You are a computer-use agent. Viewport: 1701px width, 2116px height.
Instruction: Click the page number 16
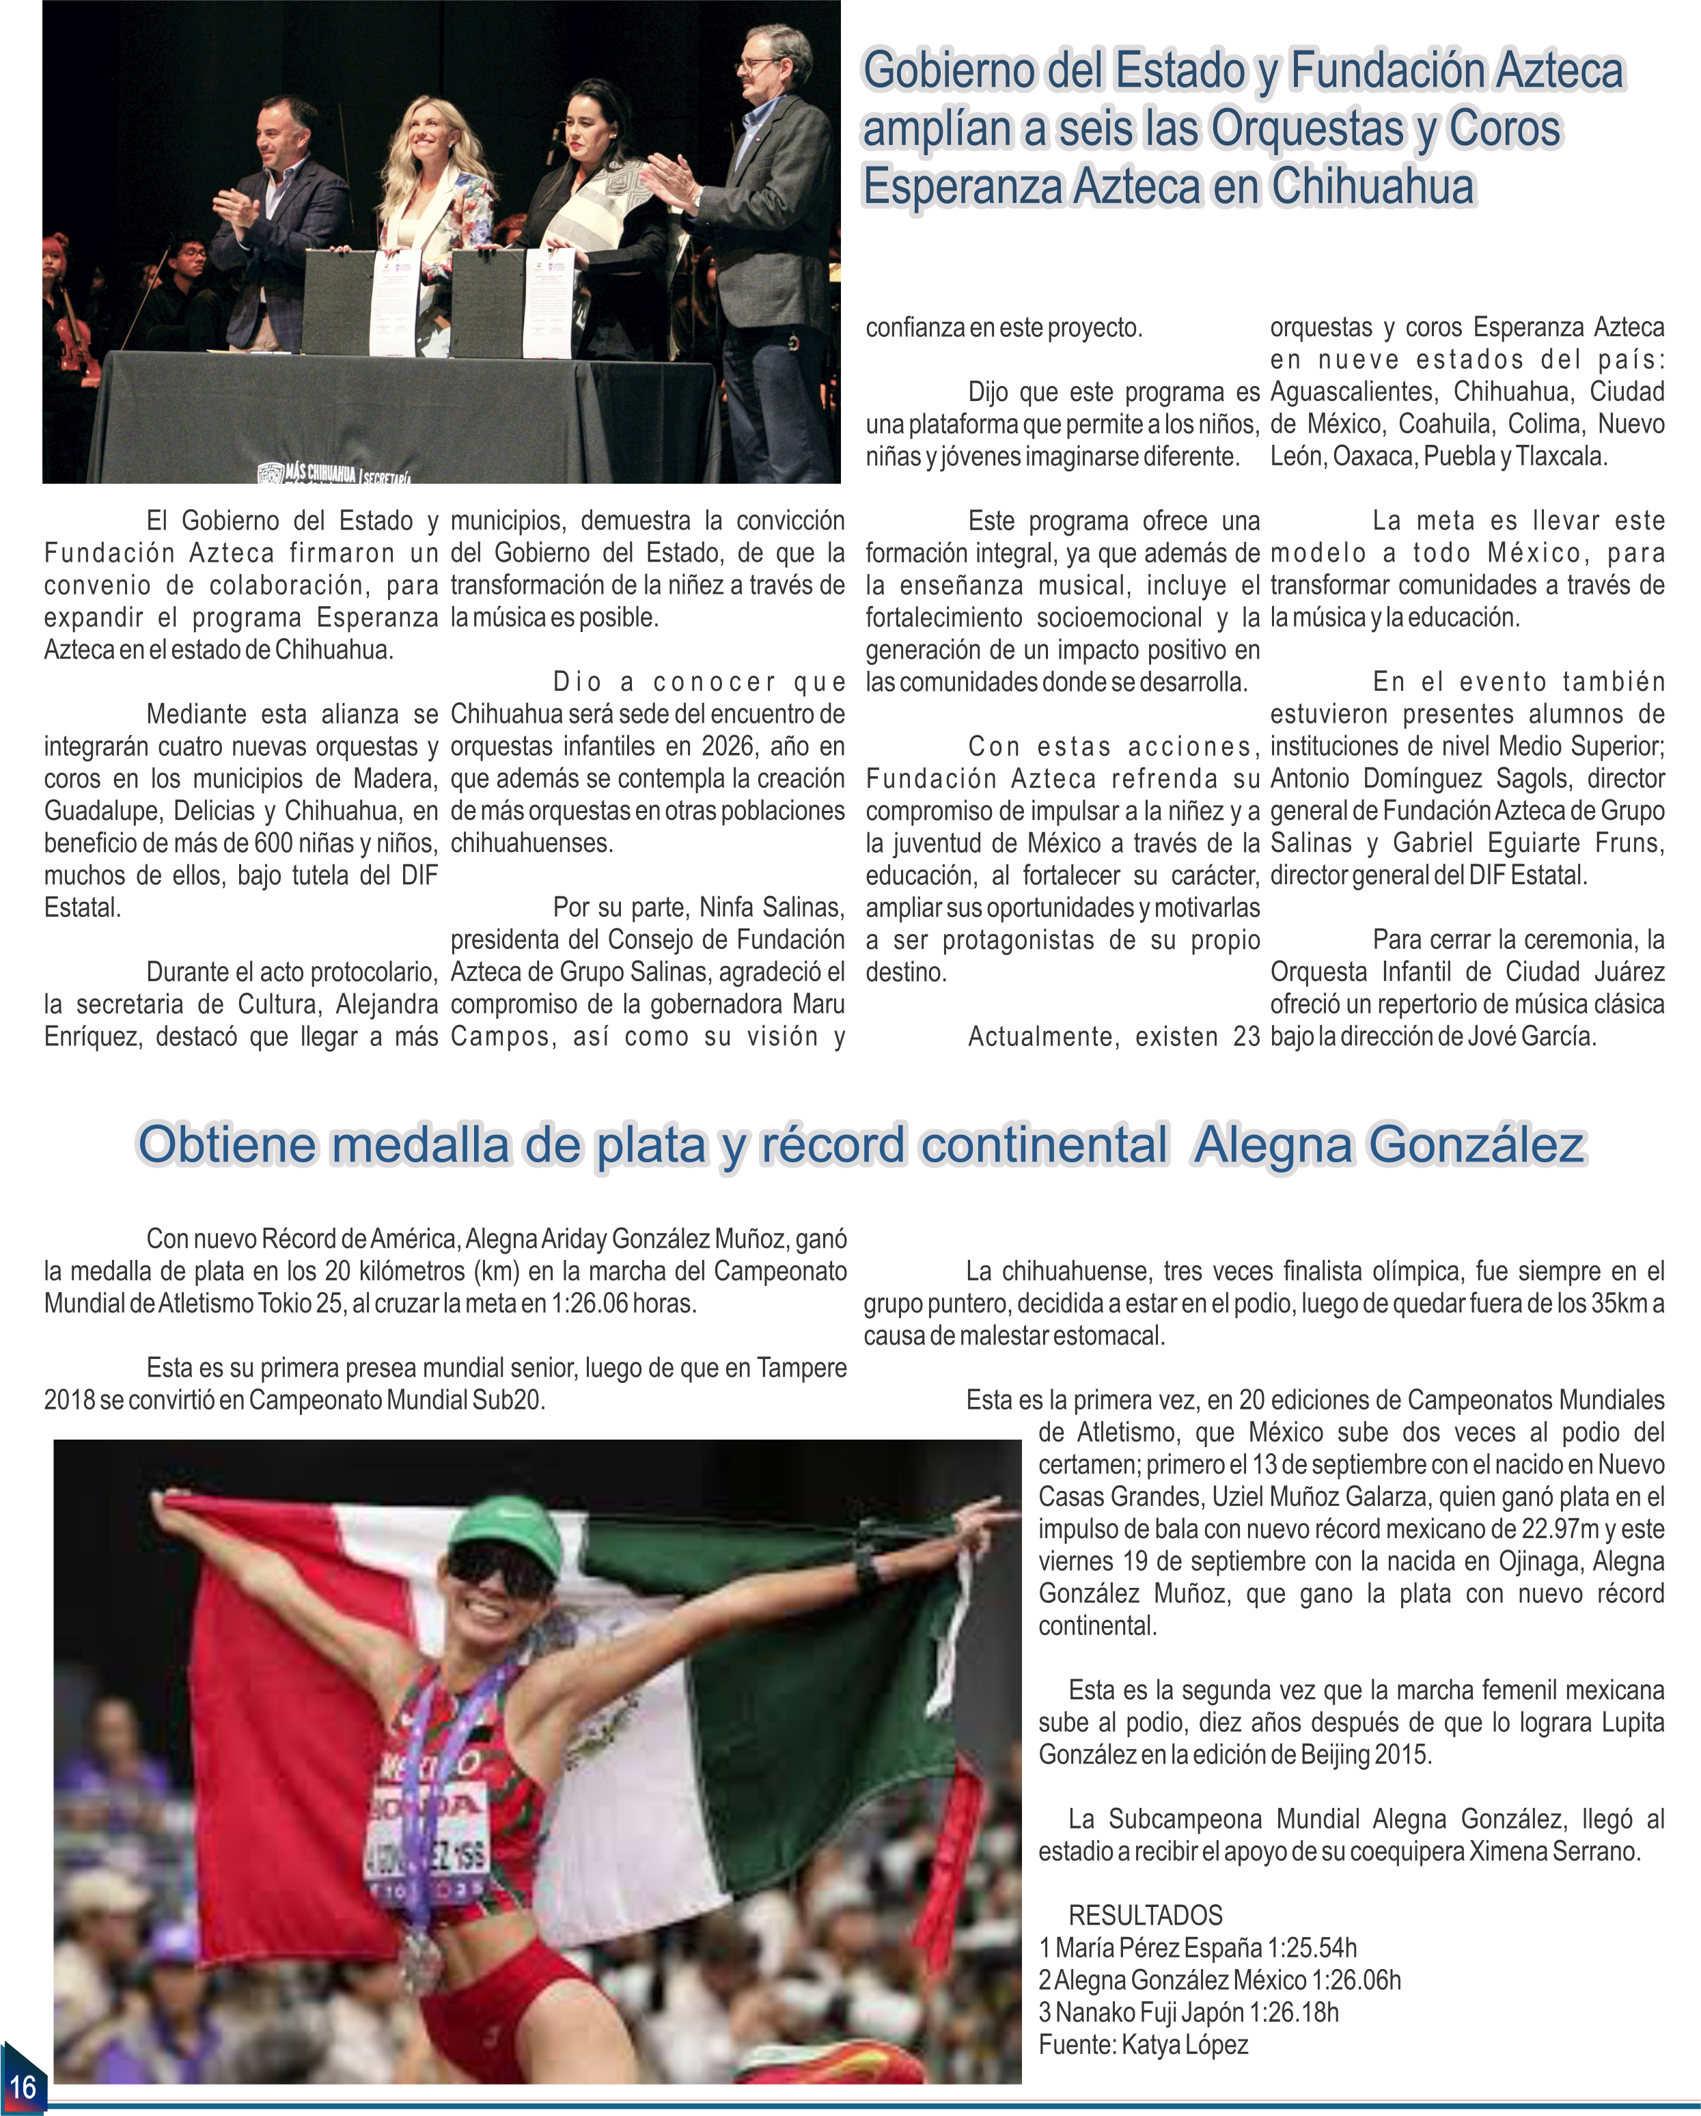[x=23, y=2085]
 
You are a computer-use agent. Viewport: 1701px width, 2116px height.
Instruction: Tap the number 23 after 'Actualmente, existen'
[x=1245, y=1037]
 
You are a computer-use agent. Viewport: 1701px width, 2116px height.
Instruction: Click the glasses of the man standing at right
[x=761, y=65]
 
